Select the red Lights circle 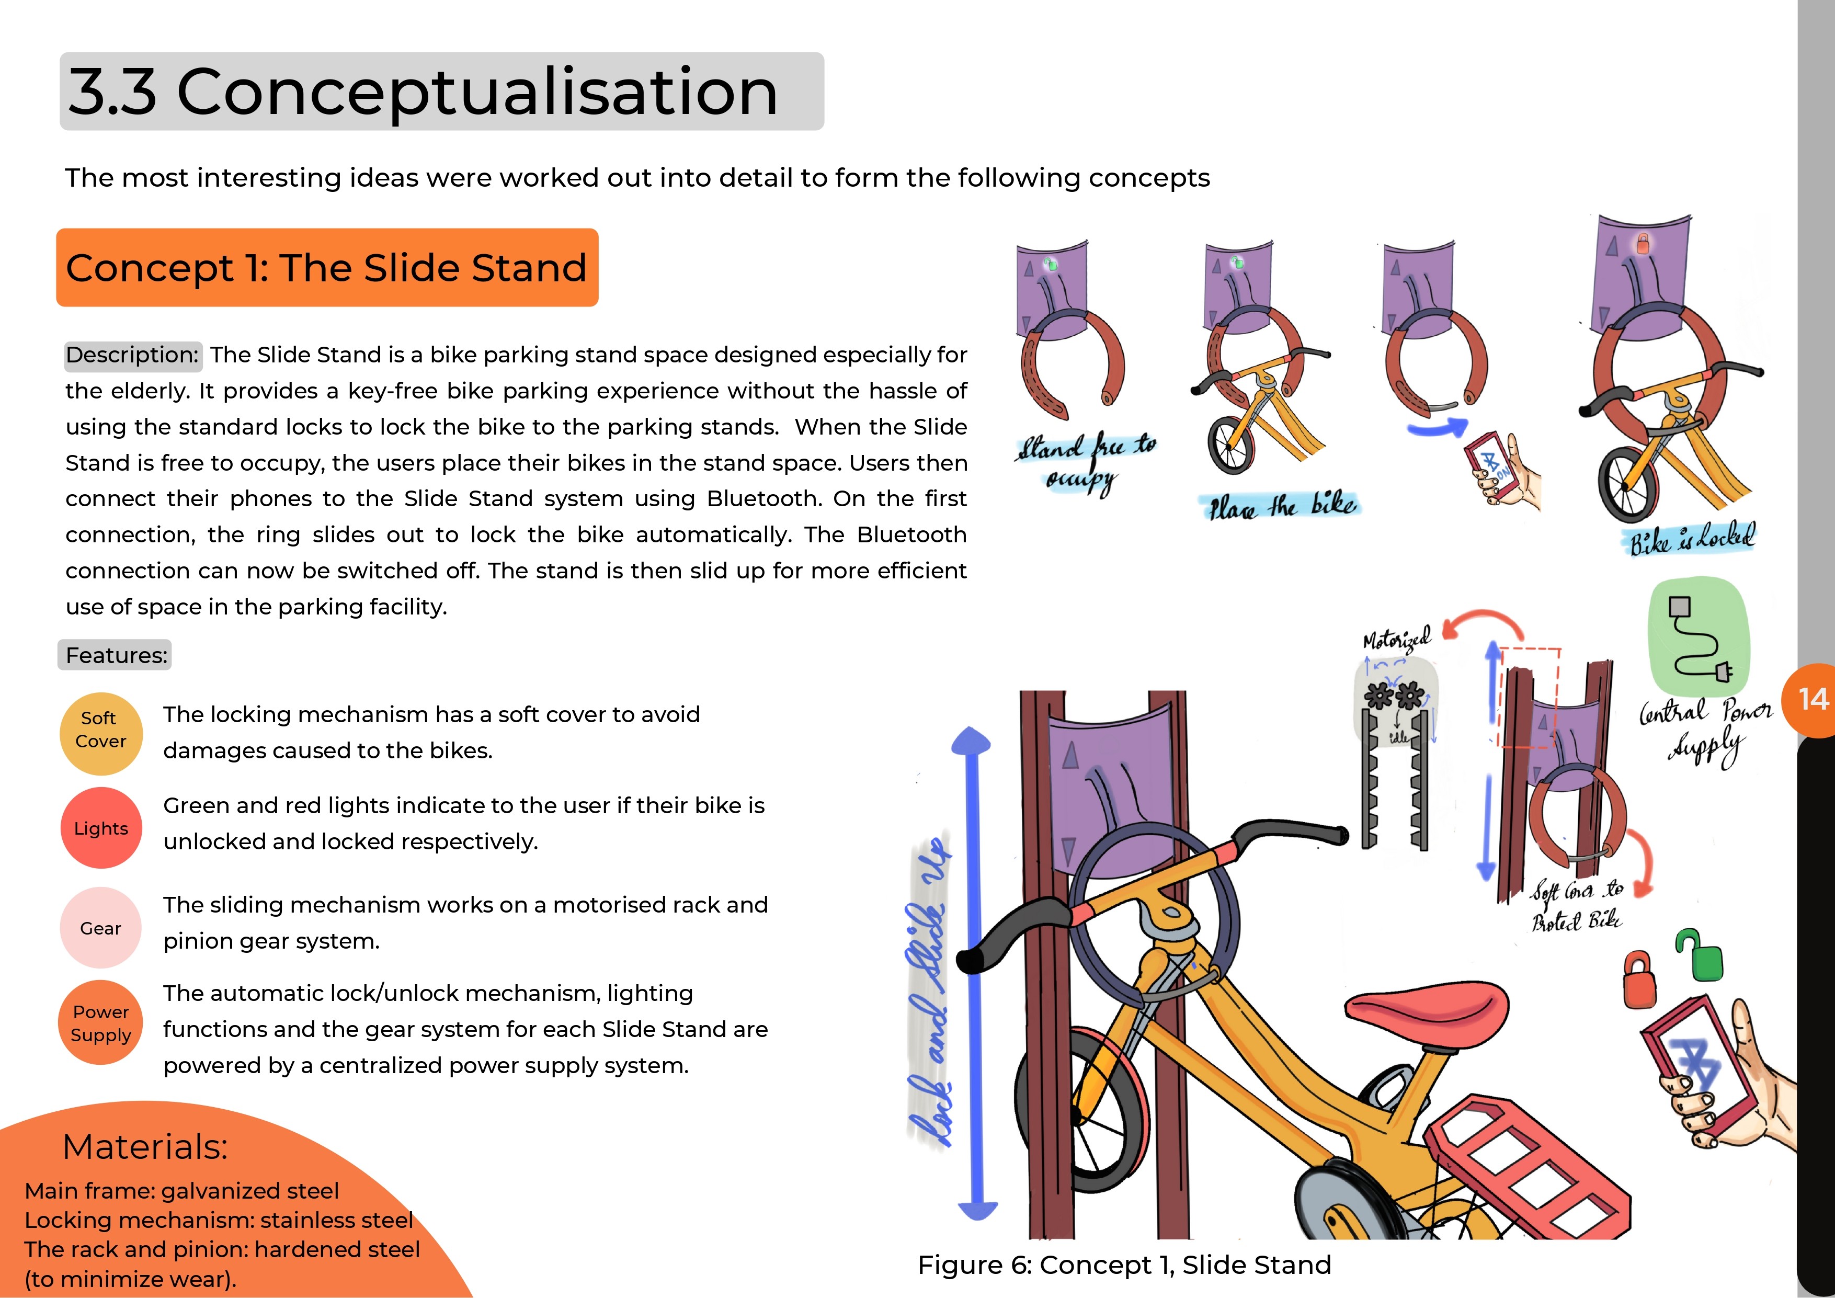pyautogui.click(x=101, y=828)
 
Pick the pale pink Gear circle pyautogui.click(x=101, y=928)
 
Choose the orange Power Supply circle pyautogui.click(x=101, y=1023)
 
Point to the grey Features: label pyautogui.click(x=116, y=655)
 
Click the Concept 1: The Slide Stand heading pyautogui.click(x=327, y=268)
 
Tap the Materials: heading pyautogui.click(x=145, y=1146)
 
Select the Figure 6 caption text pyautogui.click(x=1124, y=1265)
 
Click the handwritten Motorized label pyautogui.click(x=1396, y=640)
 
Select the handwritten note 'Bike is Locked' pyautogui.click(x=1692, y=540)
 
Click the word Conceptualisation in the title pyautogui.click(x=477, y=92)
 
